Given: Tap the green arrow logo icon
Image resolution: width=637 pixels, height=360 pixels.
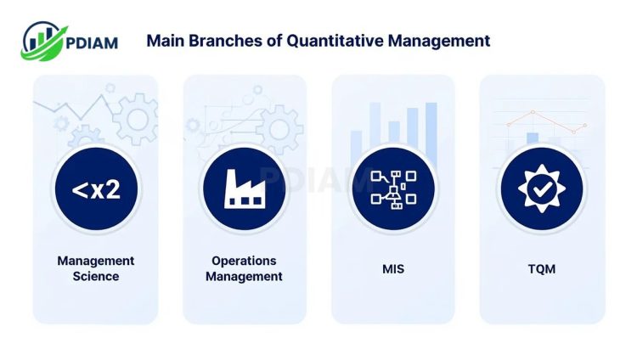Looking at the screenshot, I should click(42, 41).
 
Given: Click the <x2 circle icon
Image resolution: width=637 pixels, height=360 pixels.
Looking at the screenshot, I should click(96, 189).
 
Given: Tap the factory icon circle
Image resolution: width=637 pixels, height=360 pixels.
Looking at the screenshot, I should click(244, 189).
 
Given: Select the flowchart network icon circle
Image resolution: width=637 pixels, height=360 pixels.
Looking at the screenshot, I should click(393, 189).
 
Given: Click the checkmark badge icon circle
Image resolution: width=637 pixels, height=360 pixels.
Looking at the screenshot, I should click(541, 189).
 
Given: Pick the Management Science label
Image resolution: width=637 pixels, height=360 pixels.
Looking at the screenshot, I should click(96, 268).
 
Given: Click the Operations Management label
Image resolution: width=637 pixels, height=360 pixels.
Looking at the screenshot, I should click(244, 268).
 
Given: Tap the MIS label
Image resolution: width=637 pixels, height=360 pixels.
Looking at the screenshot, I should click(393, 269).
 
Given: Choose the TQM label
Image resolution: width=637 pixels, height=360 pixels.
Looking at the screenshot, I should click(541, 269).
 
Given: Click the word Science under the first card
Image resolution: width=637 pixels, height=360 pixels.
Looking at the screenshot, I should click(96, 277).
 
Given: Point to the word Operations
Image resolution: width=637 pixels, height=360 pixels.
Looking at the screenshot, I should click(244, 261).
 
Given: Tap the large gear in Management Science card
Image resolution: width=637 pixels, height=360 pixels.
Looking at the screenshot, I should click(135, 120).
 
